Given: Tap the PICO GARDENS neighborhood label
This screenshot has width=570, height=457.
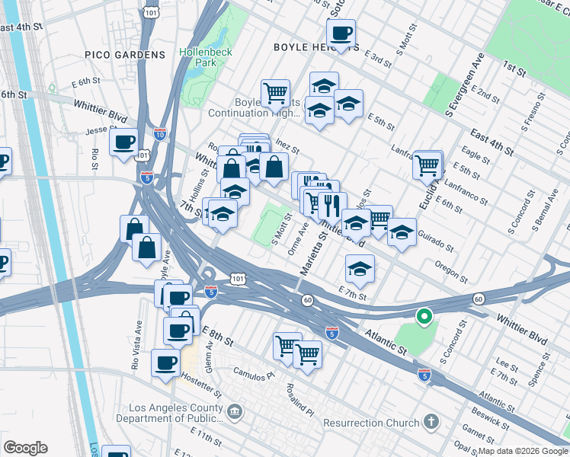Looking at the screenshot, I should click(125, 55).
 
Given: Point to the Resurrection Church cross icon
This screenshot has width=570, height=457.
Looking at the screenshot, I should click(431, 423).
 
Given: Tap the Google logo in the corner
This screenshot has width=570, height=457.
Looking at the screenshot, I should click(25, 448).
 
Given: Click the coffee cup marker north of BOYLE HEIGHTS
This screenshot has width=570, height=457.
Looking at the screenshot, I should click(341, 34).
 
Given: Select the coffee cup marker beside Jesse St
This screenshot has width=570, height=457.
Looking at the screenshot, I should click(123, 142).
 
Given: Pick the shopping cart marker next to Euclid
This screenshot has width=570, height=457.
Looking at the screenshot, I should click(427, 164).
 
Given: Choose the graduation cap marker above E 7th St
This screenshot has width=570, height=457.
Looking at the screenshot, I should click(360, 268).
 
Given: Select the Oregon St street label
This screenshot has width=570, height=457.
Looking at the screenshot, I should click(450, 270).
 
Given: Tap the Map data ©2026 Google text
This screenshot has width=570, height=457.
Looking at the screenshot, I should click(522, 451).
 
